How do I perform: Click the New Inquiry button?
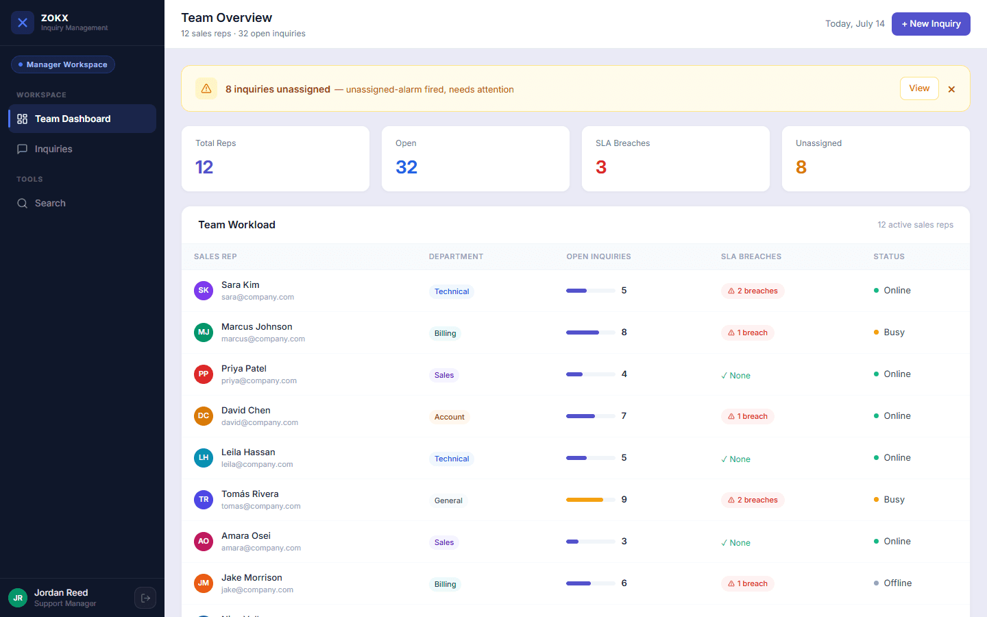pos(931,24)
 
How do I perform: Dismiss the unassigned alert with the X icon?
pos(951,89)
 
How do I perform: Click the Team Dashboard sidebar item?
pos(82,119)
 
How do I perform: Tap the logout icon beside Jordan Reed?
pos(145,598)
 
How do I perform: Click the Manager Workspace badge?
pos(63,64)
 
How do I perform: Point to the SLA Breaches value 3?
pos(601,167)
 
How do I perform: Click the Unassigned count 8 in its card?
pos(801,167)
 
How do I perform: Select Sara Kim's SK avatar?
pos(204,291)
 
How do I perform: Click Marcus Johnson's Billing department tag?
pos(445,333)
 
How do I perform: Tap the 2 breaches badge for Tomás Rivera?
pos(753,500)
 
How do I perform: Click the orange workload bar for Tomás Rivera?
pos(584,500)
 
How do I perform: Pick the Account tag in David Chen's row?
pos(450,417)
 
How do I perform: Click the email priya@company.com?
pos(259,380)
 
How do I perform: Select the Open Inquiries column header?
pos(598,256)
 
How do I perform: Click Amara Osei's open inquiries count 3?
pos(624,541)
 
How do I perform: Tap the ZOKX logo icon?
pos(23,23)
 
